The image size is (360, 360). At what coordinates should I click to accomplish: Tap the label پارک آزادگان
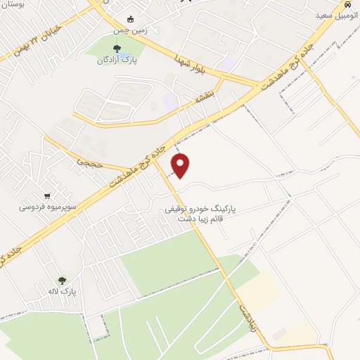[x=116, y=60]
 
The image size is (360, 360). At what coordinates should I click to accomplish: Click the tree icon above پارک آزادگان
[x=117, y=49]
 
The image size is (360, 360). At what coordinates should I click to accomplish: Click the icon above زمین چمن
[x=129, y=19]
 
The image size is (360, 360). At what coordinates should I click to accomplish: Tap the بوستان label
[x=14, y=4]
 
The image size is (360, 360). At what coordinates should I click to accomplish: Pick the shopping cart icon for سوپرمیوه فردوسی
[x=47, y=196]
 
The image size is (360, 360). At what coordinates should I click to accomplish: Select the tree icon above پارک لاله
[x=62, y=280]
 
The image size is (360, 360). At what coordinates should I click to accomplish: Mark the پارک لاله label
[x=62, y=291]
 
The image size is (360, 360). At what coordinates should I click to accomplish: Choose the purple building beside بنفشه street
[x=169, y=101]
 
